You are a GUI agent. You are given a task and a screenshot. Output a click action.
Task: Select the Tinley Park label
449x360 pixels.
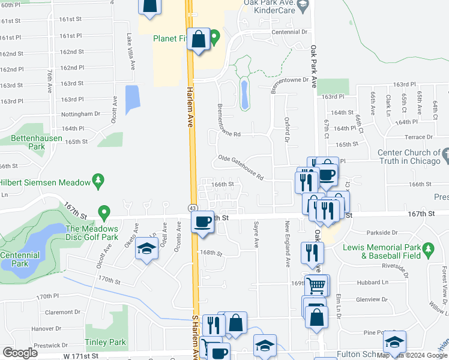click(109, 343)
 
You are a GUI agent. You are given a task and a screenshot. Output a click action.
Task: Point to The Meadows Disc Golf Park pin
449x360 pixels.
click(104, 212)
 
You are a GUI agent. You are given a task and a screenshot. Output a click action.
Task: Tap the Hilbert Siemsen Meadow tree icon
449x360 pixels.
click(98, 180)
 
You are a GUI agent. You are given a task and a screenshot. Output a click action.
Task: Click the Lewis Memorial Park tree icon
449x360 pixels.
click(427, 248)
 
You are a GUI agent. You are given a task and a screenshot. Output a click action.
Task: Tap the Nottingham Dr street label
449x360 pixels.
click(80, 114)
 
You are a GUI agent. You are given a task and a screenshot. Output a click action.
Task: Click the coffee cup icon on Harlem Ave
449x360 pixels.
click(203, 221)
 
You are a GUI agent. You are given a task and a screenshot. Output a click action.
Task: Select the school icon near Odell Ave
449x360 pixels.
click(146, 249)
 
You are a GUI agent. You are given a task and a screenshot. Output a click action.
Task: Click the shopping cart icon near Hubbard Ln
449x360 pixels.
click(316, 285)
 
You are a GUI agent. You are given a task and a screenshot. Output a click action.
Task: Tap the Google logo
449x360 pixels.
click(20, 352)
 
